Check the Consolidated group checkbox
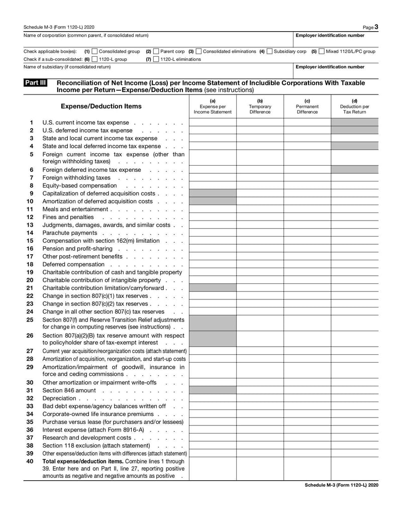point(94,51)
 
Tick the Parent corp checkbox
point(156,51)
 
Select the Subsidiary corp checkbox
point(270,51)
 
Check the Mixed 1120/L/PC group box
point(322,51)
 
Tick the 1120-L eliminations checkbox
point(156,59)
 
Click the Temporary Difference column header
point(260,107)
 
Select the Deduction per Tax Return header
point(354,107)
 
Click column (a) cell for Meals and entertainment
point(213,209)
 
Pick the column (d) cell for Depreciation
point(354,398)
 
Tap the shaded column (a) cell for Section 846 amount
point(213,390)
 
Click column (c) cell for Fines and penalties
point(307,217)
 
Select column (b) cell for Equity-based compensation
point(260,185)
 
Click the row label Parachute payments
point(70,233)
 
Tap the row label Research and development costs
point(86,438)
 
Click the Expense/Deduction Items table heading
point(101,107)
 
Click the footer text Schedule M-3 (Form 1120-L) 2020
point(341,485)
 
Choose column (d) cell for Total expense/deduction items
point(354,468)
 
